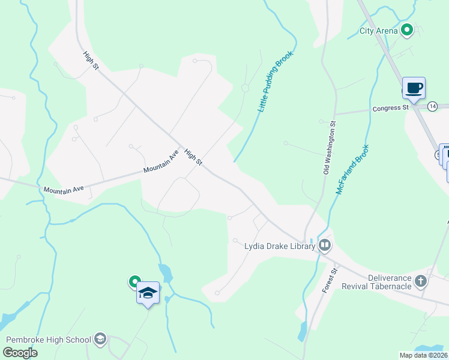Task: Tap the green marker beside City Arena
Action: click(407, 28)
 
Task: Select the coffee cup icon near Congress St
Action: click(414, 88)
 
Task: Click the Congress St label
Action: click(390, 109)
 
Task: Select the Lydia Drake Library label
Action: click(280, 245)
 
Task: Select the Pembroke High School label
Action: click(48, 340)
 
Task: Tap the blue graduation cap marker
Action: click(148, 293)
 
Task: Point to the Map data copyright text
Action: click(423, 355)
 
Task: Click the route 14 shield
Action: click(433, 106)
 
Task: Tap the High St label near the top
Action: click(91, 61)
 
